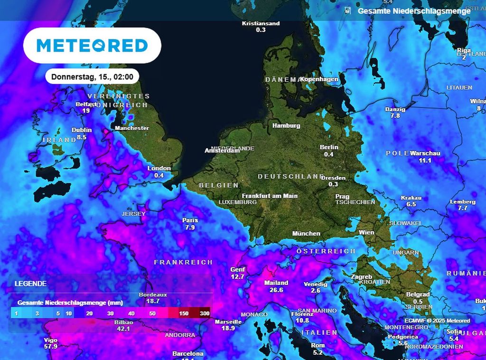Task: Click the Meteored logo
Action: (x=92, y=46)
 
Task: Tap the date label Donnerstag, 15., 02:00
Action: (x=92, y=76)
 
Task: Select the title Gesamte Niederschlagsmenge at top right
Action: (x=414, y=11)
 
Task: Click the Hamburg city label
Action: (x=286, y=126)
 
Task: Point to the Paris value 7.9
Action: (x=190, y=227)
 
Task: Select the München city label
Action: (x=306, y=234)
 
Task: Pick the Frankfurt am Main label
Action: (x=270, y=196)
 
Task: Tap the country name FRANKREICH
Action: (x=183, y=262)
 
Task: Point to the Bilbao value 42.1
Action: (x=124, y=329)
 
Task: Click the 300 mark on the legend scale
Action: (x=205, y=313)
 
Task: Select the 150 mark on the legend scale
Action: (x=184, y=313)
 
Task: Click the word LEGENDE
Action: (x=30, y=284)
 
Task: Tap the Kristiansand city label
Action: (x=261, y=23)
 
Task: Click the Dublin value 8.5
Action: (x=82, y=137)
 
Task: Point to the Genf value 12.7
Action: (x=237, y=276)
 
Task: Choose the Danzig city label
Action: (x=395, y=109)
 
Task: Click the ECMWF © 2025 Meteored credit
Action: (x=437, y=321)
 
